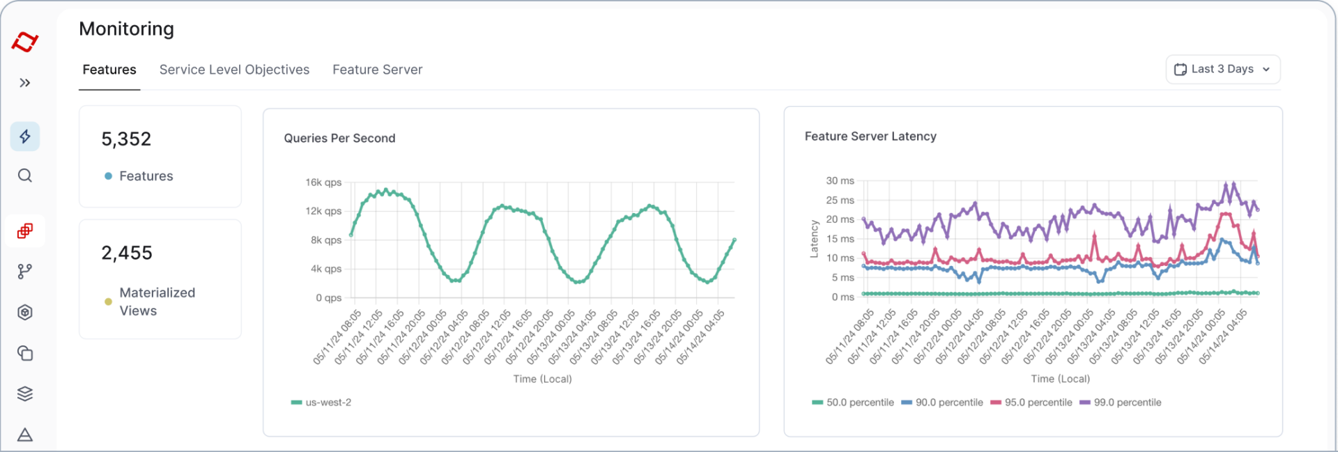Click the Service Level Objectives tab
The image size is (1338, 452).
click(234, 70)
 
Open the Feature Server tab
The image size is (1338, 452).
click(377, 70)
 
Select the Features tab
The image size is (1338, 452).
click(109, 70)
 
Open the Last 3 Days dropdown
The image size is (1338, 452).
click(1223, 69)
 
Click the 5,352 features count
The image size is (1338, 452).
click(126, 139)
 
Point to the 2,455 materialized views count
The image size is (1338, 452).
click(127, 253)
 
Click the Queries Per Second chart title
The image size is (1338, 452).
click(339, 138)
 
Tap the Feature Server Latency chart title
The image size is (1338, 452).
click(870, 137)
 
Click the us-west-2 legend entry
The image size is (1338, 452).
click(321, 403)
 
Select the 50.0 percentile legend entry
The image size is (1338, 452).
click(852, 403)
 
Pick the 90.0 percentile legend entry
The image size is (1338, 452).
click(941, 403)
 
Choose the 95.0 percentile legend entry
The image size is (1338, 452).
click(1031, 403)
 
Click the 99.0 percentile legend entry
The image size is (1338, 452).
click(1120, 403)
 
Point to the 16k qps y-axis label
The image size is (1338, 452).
click(323, 182)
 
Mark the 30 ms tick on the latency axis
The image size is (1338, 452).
click(840, 180)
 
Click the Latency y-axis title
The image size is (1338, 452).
click(814, 239)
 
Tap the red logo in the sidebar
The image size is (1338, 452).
click(25, 42)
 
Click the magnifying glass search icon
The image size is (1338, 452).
click(25, 176)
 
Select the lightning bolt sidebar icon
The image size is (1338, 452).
click(25, 137)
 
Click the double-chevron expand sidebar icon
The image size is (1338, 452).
click(25, 83)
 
